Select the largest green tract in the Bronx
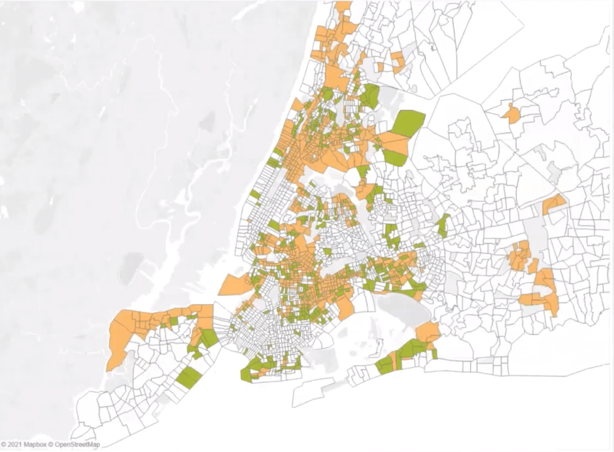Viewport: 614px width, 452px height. point(408,123)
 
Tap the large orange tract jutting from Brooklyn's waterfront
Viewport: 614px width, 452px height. point(235,285)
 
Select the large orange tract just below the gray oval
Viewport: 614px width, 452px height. point(428,332)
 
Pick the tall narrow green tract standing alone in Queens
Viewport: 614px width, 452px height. point(443,225)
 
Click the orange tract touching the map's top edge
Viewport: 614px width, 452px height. point(343,6)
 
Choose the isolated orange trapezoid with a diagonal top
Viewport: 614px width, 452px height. point(553,204)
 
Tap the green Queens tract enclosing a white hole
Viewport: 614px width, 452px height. point(391,236)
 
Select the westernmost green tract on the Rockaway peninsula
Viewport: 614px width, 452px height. point(384,364)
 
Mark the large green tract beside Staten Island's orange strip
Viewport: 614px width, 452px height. point(209,338)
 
